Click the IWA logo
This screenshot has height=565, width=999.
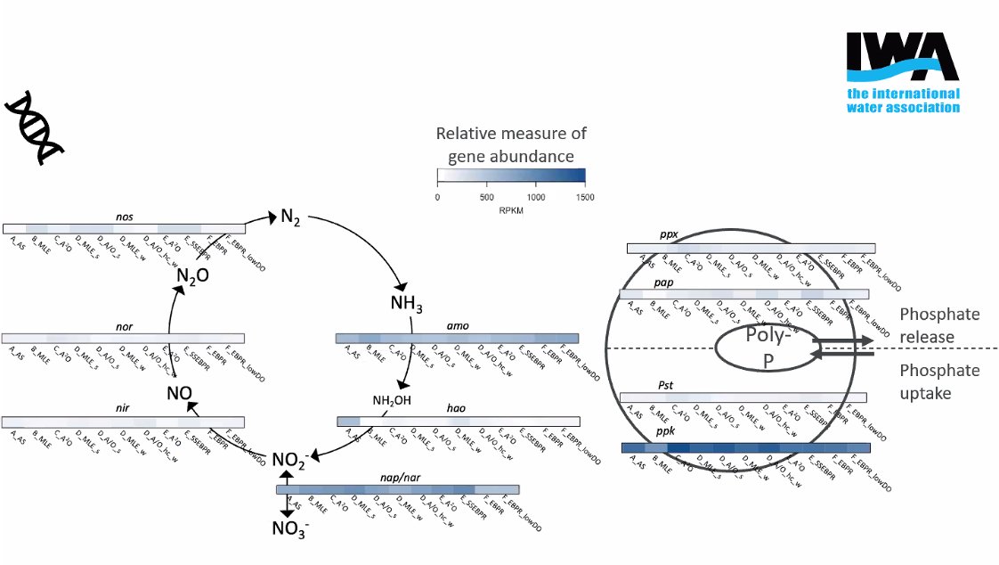click(x=903, y=72)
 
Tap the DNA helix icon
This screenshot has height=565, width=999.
click(x=37, y=127)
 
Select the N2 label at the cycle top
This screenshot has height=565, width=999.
click(x=290, y=217)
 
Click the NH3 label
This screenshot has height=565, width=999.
click(x=406, y=303)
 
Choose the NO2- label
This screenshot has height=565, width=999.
click(x=290, y=461)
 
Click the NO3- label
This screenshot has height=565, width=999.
click(x=290, y=530)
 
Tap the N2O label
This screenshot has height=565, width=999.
click(x=192, y=276)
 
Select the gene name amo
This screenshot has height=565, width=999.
click(x=457, y=328)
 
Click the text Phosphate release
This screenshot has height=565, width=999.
click(x=938, y=325)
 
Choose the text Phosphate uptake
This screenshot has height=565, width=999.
click(x=938, y=381)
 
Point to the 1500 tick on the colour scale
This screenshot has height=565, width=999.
click(x=585, y=196)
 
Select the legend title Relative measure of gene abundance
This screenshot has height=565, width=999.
click(x=511, y=145)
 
